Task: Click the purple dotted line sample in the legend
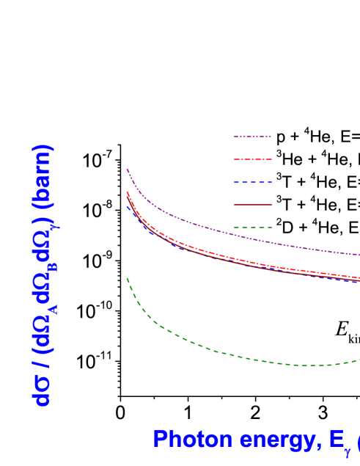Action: pyautogui.click(x=252, y=136)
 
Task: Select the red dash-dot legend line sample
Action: pyautogui.click(x=252, y=159)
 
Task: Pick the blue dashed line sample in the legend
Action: pyautogui.click(x=252, y=182)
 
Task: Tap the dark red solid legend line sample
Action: pyautogui.click(x=252, y=205)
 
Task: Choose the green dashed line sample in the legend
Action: pyautogui.click(x=252, y=227)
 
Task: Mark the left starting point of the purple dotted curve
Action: pyautogui.click(x=127, y=169)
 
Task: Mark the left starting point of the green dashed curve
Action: pyautogui.click(x=127, y=277)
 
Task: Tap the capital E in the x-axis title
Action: pyautogui.click(x=336, y=440)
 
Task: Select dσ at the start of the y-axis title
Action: pyautogui.click(x=42, y=390)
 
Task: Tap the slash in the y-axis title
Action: pyautogui.click(x=42, y=365)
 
